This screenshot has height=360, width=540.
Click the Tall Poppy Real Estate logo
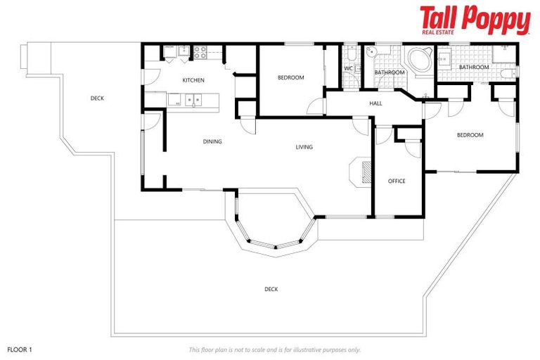[x=475, y=20]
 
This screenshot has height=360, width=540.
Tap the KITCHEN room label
[x=193, y=80]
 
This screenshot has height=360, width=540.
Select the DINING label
[x=212, y=141]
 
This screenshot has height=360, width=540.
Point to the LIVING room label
[x=304, y=147]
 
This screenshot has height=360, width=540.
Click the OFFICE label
[x=397, y=181]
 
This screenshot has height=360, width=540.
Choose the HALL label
[x=375, y=103]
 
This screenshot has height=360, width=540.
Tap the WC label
[x=348, y=68]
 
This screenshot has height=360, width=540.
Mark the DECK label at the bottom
[x=271, y=289]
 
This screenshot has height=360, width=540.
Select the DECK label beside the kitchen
[x=97, y=98]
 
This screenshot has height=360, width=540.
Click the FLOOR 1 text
[x=20, y=349]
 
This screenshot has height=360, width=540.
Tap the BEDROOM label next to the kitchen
[x=290, y=77]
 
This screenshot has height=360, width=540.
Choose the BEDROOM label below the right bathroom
[x=470, y=135]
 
